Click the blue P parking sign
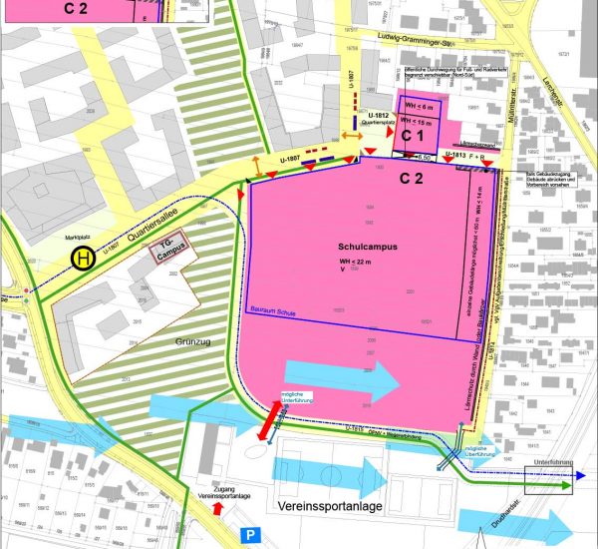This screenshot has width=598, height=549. pos(253,535)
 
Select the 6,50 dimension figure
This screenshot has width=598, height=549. pos(423,157)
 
